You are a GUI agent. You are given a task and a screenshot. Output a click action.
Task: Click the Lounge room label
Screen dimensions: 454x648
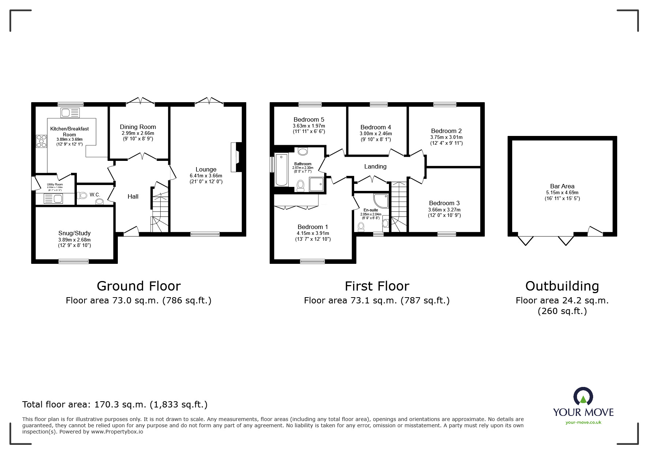(x=206, y=169)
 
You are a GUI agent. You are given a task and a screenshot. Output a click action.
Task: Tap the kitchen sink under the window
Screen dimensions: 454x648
(x=70, y=113)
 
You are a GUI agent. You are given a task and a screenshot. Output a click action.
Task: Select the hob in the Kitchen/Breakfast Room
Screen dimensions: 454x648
(x=41, y=141)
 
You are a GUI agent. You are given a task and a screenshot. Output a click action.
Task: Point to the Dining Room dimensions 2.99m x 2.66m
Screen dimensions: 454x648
(x=138, y=133)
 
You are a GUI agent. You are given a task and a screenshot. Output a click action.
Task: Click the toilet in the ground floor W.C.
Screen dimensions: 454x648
(x=83, y=196)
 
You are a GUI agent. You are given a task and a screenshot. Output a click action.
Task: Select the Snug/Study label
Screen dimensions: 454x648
(x=74, y=233)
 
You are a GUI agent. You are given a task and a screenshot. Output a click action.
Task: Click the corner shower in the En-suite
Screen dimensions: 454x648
(x=381, y=201)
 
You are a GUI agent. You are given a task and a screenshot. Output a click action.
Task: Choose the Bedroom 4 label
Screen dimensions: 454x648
(x=375, y=128)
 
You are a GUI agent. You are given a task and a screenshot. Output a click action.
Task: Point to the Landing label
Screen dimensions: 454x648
(x=375, y=166)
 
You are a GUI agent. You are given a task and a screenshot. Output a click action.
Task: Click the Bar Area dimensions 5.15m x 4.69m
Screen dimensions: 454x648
(x=562, y=193)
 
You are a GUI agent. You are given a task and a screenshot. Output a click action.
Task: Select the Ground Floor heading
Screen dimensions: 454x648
(x=139, y=286)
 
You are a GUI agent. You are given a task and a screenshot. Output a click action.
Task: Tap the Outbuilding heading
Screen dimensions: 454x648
(x=562, y=286)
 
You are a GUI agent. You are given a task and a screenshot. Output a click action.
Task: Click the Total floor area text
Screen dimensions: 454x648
(x=115, y=405)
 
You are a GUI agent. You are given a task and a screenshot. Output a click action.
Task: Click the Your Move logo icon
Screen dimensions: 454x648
(x=583, y=397)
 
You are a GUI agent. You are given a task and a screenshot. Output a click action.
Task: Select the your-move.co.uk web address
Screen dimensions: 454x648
(x=583, y=422)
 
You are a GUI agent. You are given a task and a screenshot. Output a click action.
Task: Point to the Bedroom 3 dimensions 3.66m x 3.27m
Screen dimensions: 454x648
(x=444, y=210)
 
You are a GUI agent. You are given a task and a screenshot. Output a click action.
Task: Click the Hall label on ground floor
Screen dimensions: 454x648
(x=133, y=196)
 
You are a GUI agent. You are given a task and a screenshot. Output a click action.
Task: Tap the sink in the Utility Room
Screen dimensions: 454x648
(x=53, y=199)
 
